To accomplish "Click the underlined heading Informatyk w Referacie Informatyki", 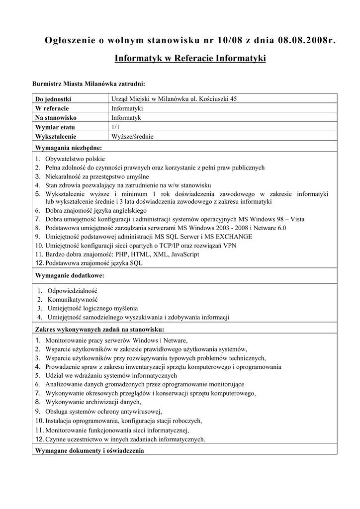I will [x=190, y=59].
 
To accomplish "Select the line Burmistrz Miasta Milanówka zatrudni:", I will [x=88, y=84].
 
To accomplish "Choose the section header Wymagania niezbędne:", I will [x=68, y=148].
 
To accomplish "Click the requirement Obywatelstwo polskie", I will [x=75, y=159].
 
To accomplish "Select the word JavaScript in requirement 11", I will [x=185, y=254].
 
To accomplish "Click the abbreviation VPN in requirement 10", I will [x=230, y=246].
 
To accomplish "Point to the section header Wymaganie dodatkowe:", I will [x=69, y=275].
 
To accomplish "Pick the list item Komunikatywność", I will [x=73, y=300].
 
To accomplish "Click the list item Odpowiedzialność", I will [x=72, y=291].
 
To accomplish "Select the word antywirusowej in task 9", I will [x=142, y=412].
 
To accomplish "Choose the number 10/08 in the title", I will [x=214, y=40].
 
